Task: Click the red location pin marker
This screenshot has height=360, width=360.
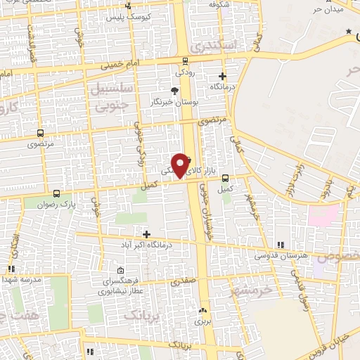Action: pyautogui.click(x=181, y=165)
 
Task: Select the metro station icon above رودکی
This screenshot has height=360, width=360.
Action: pyautogui.click(x=185, y=60)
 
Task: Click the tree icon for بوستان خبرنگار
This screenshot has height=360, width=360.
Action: pyautogui.click(x=175, y=90)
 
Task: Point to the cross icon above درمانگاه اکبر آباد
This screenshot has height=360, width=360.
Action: pyautogui.click(x=146, y=234)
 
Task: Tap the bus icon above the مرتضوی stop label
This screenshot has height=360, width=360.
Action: pyautogui.click(x=40, y=132)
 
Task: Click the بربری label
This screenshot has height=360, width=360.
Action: pyautogui.click(x=202, y=321)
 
